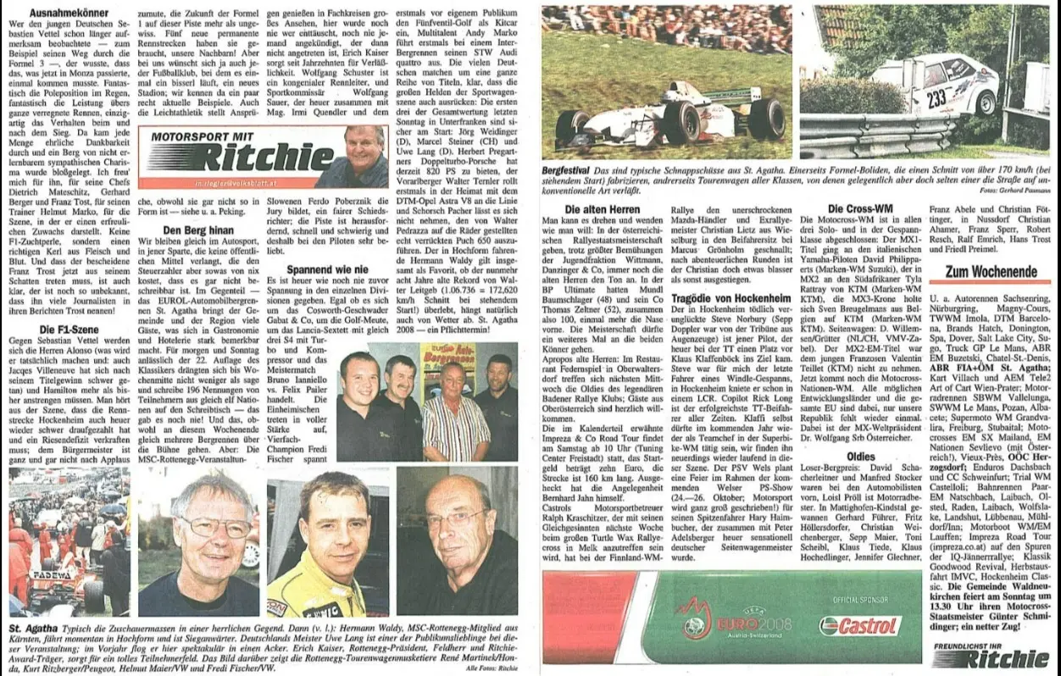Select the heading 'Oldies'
pyautogui.click(x=861, y=456)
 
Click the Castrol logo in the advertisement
pyautogui.click(x=860, y=625)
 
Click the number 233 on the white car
pyautogui.click(x=935, y=98)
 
